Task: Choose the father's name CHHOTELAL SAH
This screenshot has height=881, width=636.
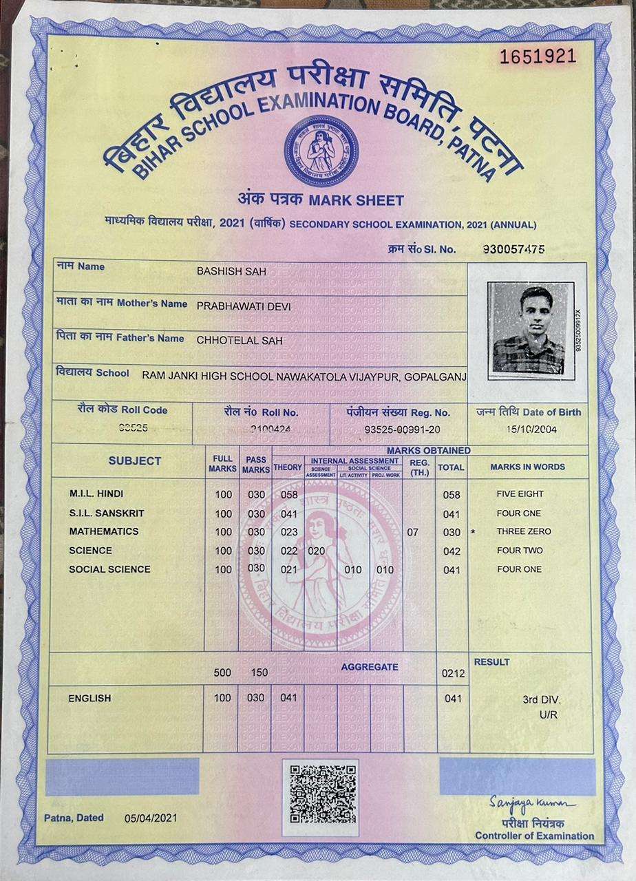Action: point(240,339)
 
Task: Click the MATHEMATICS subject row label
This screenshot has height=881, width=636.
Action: point(104,531)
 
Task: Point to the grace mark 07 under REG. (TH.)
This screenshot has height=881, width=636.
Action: point(413,532)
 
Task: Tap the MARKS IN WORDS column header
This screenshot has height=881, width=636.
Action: point(528,467)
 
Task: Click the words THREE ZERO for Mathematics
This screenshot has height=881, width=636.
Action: point(524,532)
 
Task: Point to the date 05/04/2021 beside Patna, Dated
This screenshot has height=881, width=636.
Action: point(151,818)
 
